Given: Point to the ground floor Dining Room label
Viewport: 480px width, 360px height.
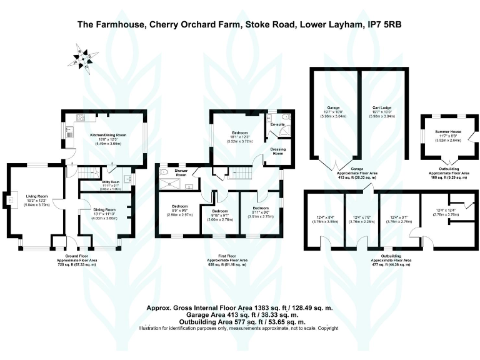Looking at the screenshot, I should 104,209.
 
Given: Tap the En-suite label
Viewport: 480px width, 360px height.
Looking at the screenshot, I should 277,125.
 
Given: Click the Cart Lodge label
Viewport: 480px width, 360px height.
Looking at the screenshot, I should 382,107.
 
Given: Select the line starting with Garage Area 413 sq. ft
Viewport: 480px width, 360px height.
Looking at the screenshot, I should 239,316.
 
